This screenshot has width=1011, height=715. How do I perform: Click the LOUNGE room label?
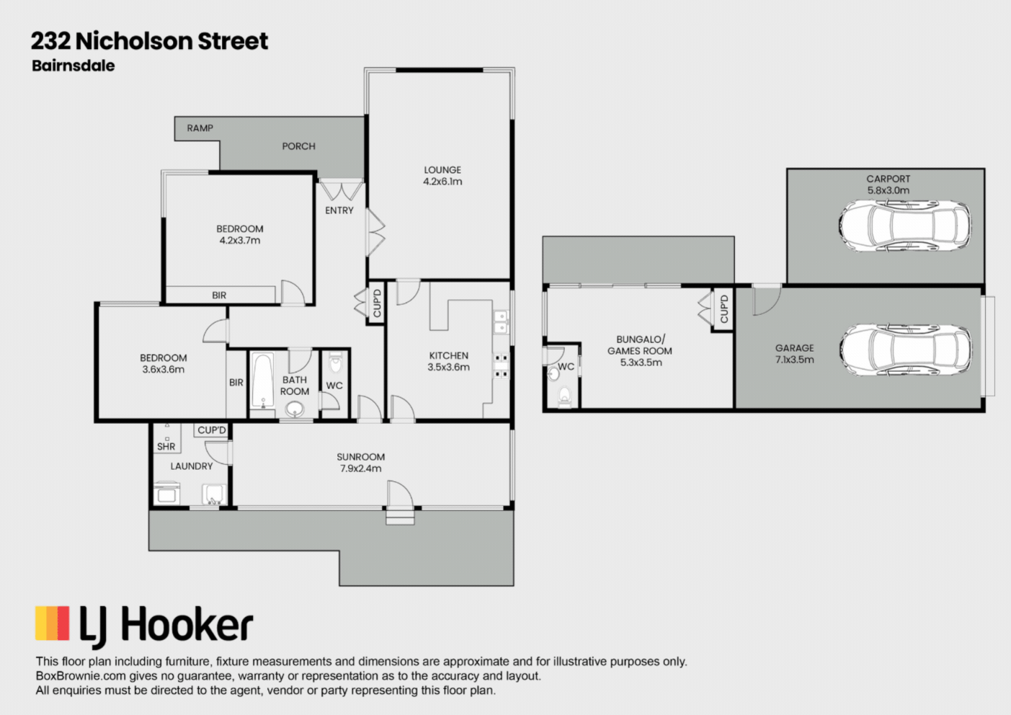(x=442, y=170)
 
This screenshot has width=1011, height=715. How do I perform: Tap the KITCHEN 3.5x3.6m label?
(x=448, y=361)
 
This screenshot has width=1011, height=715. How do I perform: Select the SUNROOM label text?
(x=360, y=457)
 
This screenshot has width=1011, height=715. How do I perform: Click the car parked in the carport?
(x=904, y=226)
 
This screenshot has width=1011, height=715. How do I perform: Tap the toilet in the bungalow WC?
(x=565, y=395)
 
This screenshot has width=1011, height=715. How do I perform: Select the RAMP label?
(x=200, y=128)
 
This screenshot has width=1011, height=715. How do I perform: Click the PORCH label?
(x=298, y=146)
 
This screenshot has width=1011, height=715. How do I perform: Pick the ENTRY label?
(x=339, y=210)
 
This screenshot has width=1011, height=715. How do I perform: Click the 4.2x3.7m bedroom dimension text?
(x=240, y=241)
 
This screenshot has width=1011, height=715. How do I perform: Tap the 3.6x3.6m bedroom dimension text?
(x=164, y=370)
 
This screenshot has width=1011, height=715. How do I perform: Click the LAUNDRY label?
(x=192, y=466)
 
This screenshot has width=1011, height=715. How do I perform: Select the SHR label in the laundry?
(x=166, y=447)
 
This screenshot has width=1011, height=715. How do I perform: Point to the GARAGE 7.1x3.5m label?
(x=794, y=353)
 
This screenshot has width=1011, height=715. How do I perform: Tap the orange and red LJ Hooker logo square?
(x=53, y=623)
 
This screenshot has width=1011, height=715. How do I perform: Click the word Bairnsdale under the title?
(x=74, y=66)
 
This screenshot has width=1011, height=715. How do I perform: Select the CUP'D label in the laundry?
(x=212, y=430)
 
